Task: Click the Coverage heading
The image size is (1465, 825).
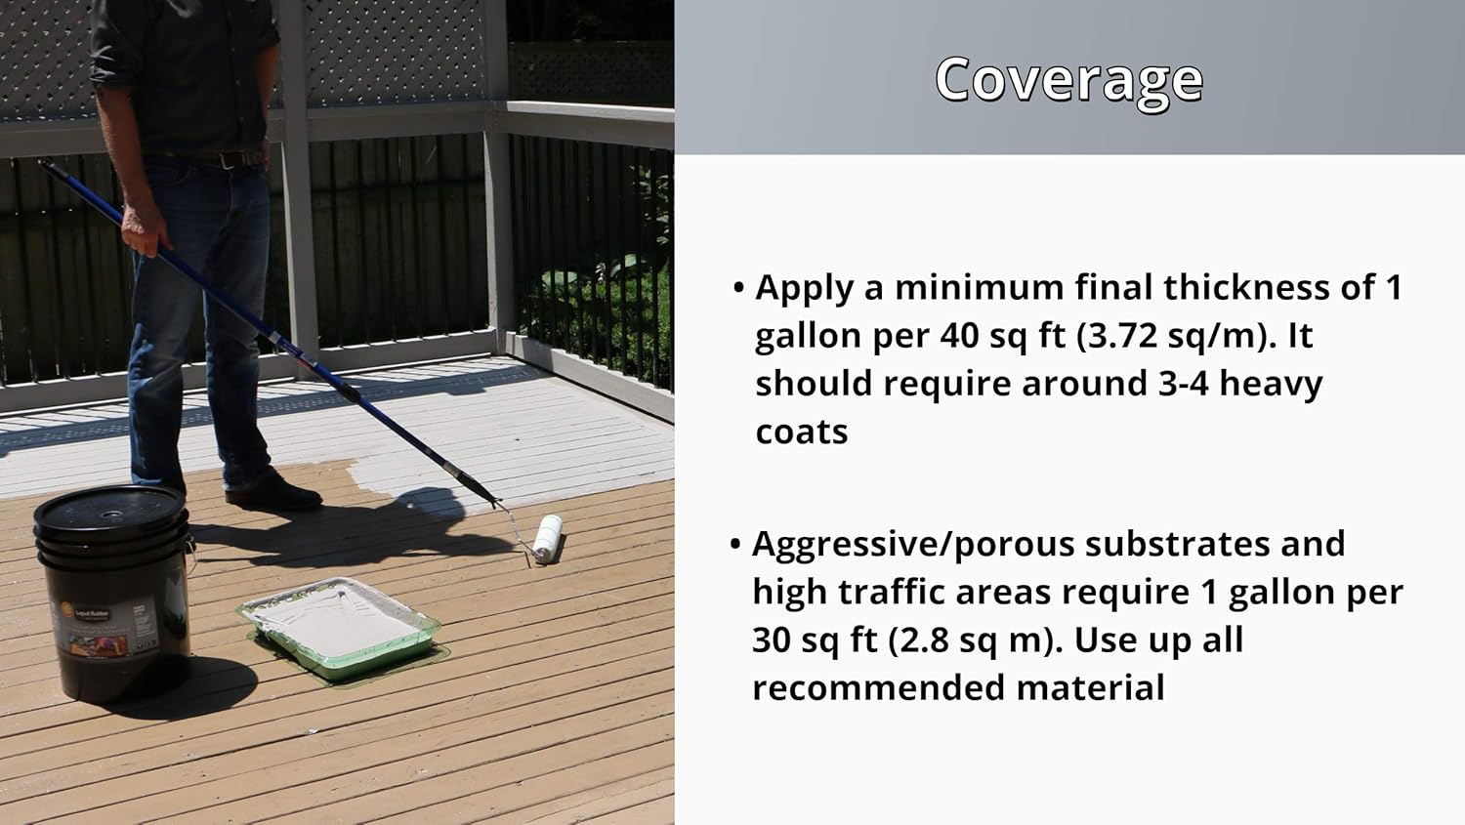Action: click(x=1068, y=79)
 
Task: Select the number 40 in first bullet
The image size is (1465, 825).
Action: click(x=962, y=336)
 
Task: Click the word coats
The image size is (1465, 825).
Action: click(x=801, y=432)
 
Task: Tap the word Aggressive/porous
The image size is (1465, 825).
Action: click(x=913, y=545)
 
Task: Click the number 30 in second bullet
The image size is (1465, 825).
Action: click(x=774, y=640)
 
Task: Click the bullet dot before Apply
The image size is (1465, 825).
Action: click(x=739, y=289)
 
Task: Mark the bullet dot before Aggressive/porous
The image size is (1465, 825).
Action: click(x=736, y=545)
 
